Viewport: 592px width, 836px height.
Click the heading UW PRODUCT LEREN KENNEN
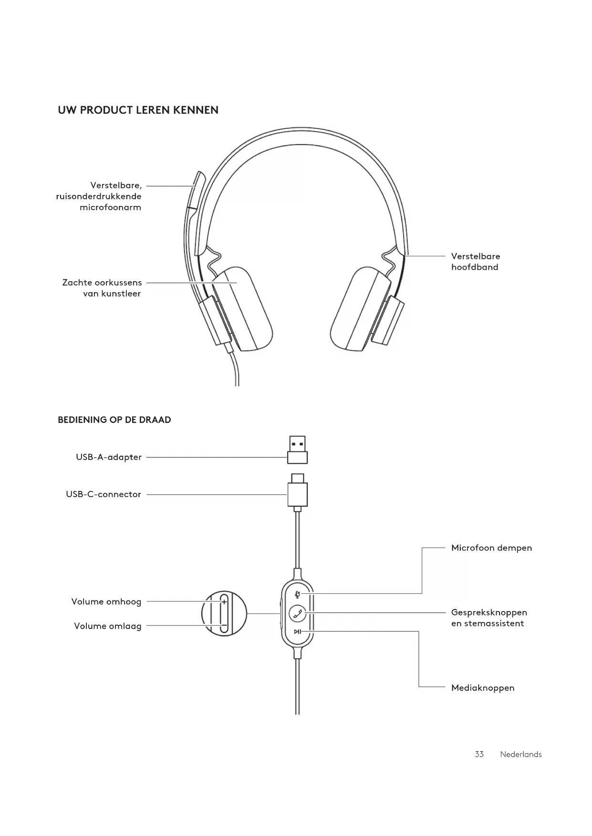click(138, 110)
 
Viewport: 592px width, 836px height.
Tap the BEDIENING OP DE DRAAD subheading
click(114, 420)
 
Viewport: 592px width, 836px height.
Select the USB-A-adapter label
click(109, 457)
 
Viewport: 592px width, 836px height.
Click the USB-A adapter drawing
click(297, 450)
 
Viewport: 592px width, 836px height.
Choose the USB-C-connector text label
click(104, 494)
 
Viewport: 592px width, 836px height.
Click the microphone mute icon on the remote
click(298, 594)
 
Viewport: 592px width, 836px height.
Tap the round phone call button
click(298, 613)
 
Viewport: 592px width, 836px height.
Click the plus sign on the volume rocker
click(224, 602)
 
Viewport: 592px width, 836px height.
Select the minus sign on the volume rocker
click(223, 625)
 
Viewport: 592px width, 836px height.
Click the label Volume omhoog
click(106, 602)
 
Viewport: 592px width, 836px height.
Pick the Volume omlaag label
click(108, 626)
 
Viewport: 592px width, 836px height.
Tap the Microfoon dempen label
click(491, 548)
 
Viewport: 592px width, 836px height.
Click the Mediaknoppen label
click(483, 688)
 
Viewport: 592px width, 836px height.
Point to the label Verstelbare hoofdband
click(476, 262)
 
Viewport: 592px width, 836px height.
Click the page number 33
click(479, 754)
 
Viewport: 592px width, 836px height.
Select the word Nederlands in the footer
click(520, 754)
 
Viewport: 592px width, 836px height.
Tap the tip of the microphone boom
click(198, 178)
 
